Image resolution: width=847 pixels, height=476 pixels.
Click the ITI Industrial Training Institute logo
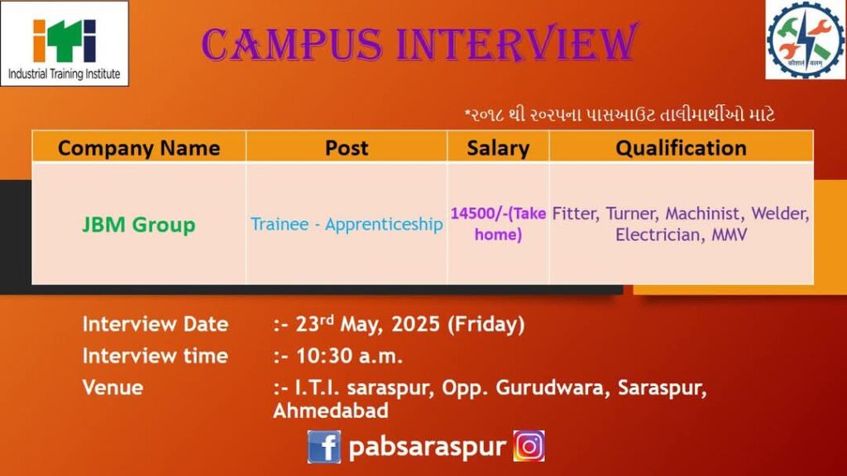coord(65,43)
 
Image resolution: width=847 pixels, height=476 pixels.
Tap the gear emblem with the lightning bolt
coord(806,39)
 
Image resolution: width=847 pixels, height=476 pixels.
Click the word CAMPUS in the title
coord(292,45)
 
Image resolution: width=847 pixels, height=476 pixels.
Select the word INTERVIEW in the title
coord(517,43)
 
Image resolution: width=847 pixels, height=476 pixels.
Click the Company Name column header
coord(139,148)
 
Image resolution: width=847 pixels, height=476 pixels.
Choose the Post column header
coord(347,148)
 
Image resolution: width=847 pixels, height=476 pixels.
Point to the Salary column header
coord(498,149)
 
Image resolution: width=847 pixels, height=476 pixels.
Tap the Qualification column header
coord(682,148)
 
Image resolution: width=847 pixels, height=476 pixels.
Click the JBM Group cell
coord(139,225)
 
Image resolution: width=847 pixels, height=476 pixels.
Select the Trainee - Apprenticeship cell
coord(347,224)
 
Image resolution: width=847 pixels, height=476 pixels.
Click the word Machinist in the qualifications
coord(703,214)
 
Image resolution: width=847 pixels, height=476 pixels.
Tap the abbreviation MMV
coord(730,235)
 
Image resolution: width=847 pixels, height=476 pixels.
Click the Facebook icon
coord(324,447)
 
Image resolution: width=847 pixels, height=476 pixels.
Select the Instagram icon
coord(529,445)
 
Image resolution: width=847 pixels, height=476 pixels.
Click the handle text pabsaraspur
coord(428,447)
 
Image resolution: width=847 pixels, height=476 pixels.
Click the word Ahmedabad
coord(331,411)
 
